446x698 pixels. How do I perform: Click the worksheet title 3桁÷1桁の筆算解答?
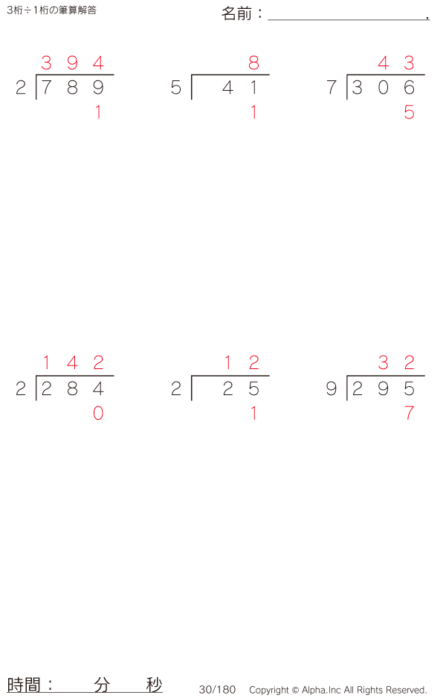(x=51, y=10)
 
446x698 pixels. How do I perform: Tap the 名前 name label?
(x=236, y=14)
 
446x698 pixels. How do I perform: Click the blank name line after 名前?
(x=349, y=19)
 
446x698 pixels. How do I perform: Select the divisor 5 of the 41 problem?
(x=176, y=88)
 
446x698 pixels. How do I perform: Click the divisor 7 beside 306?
(x=332, y=88)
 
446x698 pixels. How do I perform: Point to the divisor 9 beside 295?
(x=332, y=389)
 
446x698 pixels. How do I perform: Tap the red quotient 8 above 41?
(x=254, y=63)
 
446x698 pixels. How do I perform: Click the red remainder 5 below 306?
(x=409, y=112)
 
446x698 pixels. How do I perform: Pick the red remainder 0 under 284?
(x=98, y=414)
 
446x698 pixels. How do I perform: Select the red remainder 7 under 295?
(x=409, y=414)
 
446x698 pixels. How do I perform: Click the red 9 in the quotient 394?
(x=72, y=63)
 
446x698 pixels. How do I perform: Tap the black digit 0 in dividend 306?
(x=384, y=88)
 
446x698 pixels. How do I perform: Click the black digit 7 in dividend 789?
(x=46, y=88)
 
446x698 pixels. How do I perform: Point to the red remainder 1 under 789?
(x=98, y=112)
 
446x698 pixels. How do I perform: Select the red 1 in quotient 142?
(x=46, y=363)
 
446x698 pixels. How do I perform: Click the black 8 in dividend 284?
(x=72, y=389)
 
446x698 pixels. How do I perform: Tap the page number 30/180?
(x=217, y=690)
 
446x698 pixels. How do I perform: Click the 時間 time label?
(x=24, y=685)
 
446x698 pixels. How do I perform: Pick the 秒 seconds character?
(x=154, y=685)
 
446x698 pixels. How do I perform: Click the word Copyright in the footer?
(x=269, y=690)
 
